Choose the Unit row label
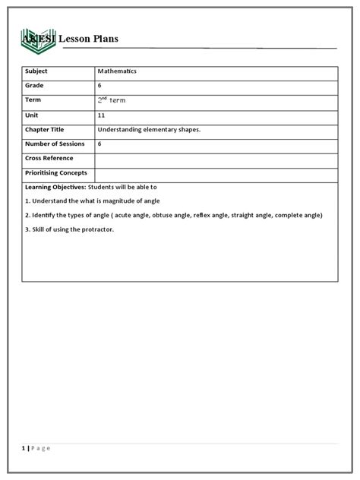click(x=33, y=115)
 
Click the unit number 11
click(x=101, y=115)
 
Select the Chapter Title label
click(x=48, y=129)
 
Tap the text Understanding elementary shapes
click(x=149, y=129)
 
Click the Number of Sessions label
click(x=56, y=144)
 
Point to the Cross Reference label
click(x=49, y=158)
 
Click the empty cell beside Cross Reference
click(x=216, y=159)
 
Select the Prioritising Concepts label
click(x=56, y=173)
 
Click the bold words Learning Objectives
click(x=55, y=187)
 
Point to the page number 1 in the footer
click(x=24, y=447)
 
